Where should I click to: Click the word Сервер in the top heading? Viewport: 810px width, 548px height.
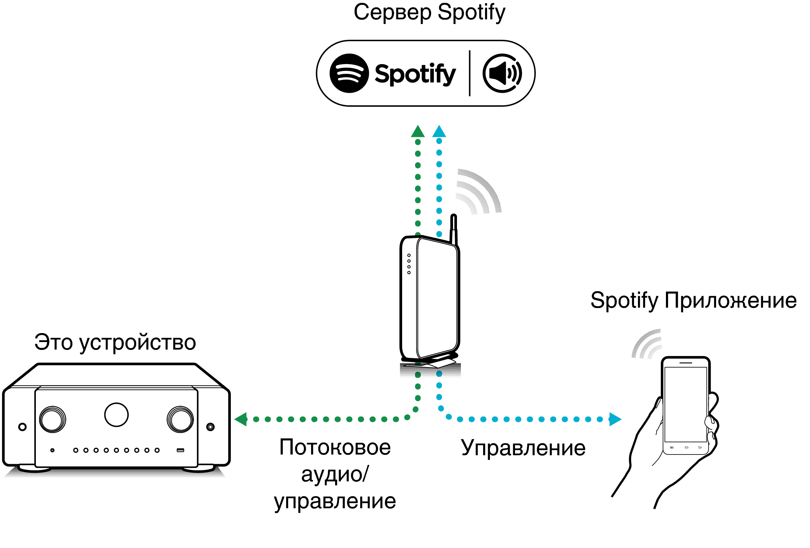[x=392, y=13]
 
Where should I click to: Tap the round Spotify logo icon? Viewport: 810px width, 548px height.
[x=349, y=73]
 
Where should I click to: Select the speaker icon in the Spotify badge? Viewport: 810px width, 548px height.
[x=502, y=73]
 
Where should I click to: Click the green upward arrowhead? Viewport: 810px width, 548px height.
[x=418, y=131]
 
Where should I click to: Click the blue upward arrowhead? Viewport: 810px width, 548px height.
[x=439, y=131]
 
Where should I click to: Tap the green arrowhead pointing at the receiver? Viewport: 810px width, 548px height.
[x=241, y=419]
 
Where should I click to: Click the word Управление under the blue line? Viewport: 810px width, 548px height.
[x=523, y=448]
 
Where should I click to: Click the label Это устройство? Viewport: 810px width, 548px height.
[x=115, y=342]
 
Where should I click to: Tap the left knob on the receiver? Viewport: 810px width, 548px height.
[x=53, y=419]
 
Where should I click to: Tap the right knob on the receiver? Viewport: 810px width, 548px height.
[x=180, y=419]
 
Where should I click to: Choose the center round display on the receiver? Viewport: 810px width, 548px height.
[x=116, y=415]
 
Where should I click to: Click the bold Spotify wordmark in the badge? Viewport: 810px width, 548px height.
[x=415, y=74]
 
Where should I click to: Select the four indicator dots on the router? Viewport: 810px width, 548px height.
[x=409, y=264]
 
